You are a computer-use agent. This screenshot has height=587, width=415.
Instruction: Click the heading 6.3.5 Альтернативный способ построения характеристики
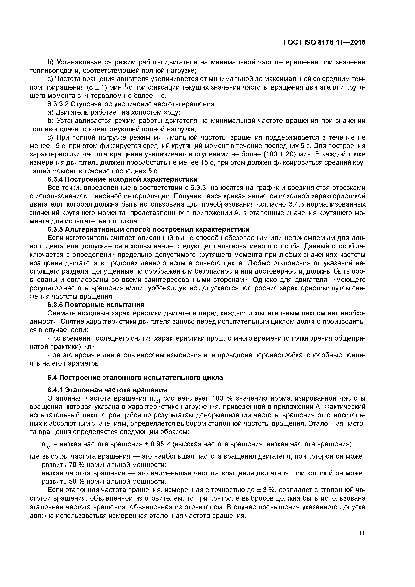tap(148, 229)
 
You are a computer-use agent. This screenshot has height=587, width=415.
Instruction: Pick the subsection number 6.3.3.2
tap(58, 104)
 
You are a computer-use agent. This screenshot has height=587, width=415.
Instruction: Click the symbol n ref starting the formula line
tap(47, 445)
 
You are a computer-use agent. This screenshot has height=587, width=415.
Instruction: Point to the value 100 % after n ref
tap(221, 398)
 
